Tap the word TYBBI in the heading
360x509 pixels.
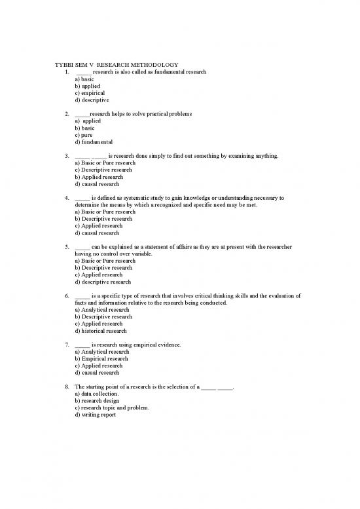coord(63,64)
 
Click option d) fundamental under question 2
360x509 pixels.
coord(94,142)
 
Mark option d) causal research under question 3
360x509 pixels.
coord(97,184)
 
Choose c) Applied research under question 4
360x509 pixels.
coord(99,226)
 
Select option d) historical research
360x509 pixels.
coord(101,331)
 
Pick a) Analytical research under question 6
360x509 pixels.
coord(102,310)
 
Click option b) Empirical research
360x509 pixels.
coord(101,359)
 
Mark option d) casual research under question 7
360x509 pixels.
coord(97,373)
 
